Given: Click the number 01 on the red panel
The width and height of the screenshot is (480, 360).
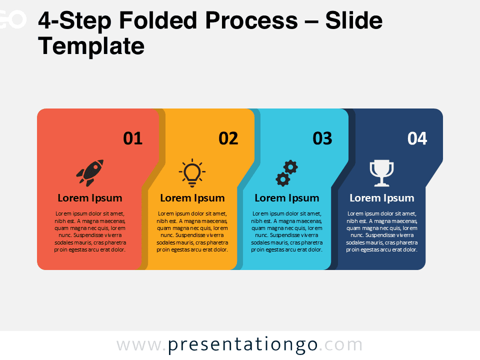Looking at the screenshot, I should (x=133, y=138).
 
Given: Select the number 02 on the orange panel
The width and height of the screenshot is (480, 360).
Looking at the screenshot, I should (x=228, y=138).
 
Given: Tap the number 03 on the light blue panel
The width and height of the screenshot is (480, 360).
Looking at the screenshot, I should (x=322, y=138).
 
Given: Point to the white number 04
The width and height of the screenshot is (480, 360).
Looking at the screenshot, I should (x=417, y=138).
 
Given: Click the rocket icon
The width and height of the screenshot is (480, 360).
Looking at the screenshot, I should (x=90, y=170).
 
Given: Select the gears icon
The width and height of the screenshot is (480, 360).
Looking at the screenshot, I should (x=286, y=173).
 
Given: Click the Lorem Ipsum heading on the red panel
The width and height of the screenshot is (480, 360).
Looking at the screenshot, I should (x=90, y=198).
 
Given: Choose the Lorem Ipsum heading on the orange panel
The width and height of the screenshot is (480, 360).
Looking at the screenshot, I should (x=192, y=198).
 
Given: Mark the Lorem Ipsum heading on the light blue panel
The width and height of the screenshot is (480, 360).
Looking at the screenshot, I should (x=286, y=198).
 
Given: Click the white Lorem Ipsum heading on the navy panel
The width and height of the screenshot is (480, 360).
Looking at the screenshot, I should (x=381, y=198).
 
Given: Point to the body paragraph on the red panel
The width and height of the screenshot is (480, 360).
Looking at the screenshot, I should (x=90, y=231).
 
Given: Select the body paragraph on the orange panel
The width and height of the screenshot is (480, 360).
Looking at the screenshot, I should (x=192, y=231).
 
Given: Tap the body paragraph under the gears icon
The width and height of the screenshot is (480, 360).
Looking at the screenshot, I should (x=286, y=231).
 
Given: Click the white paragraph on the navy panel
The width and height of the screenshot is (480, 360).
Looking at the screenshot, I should (x=381, y=231).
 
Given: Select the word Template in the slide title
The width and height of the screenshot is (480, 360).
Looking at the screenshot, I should (x=91, y=46).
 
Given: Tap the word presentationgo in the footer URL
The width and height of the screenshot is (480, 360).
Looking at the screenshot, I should (x=243, y=345).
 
